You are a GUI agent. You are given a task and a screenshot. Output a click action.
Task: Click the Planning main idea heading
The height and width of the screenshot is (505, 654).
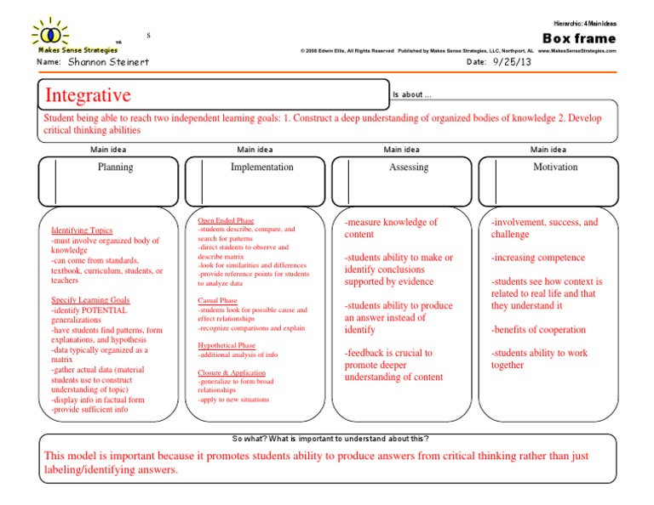coord(115,167)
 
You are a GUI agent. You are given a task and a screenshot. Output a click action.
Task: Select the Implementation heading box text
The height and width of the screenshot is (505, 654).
coord(261,167)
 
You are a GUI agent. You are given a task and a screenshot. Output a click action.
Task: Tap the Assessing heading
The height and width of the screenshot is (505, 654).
coord(409,167)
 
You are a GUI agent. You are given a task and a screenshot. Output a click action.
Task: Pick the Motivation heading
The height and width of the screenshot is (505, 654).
coord(555,167)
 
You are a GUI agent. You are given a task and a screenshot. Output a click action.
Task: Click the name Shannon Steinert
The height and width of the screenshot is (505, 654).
coord(106,63)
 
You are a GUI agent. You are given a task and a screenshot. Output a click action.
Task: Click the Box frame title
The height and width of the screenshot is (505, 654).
coord(578,38)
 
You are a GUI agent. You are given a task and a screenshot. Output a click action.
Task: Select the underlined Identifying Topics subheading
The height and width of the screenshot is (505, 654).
coord(82,230)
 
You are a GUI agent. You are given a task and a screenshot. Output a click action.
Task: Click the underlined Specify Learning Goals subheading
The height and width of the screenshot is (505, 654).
coord(90,300)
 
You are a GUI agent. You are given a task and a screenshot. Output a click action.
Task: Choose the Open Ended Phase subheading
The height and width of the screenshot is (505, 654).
coord(226,221)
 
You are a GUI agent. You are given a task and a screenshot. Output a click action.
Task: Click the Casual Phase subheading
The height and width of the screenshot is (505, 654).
coord(217,300)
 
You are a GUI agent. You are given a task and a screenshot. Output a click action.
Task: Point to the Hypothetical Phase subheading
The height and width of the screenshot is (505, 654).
coord(227,346)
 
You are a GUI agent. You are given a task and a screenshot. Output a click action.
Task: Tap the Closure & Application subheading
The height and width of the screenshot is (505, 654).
coord(232,372)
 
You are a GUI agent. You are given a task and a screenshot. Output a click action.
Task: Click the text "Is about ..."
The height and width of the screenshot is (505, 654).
coord(412,95)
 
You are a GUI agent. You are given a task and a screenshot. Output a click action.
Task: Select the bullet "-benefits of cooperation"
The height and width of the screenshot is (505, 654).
coord(538,330)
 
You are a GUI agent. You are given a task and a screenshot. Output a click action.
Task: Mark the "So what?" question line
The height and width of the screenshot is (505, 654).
coord(330,439)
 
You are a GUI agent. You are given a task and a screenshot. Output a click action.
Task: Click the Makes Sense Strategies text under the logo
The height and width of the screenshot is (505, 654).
coord(67,49)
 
